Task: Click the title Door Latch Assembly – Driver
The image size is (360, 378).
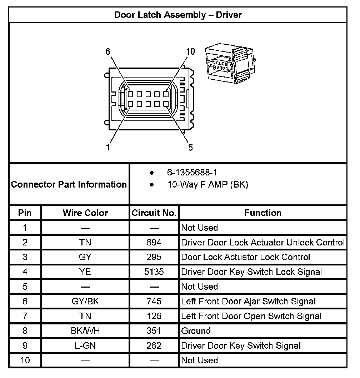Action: pyautogui.click(x=178, y=15)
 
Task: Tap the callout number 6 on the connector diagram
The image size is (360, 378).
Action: pyautogui.click(x=107, y=51)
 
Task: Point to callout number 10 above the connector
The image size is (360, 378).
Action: pyautogui.click(x=191, y=51)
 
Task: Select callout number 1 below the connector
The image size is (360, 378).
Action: pyautogui.click(x=108, y=147)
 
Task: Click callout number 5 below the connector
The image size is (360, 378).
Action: pyautogui.click(x=191, y=147)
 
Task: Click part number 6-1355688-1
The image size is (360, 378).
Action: pyautogui.click(x=192, y=173)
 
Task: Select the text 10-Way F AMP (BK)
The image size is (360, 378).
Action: pyautogui.click(x=207, y=185)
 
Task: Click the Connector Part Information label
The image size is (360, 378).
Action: pyautogui.click(x=69, y=184)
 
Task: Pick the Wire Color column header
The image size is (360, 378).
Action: pyautogui.click(x=85, y=213)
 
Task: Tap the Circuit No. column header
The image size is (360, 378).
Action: pyautogui.click(x=154, y=213)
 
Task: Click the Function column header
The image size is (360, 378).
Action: pyautogui.click(x=263, y=213)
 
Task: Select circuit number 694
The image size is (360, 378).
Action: pyautogui.click(x=154, y=243)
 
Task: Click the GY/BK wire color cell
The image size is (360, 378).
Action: pyautogui.click(x=85, y=301)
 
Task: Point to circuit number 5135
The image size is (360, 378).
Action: pyautogui.click(x=154, y=272)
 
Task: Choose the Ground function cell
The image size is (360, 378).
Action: pyautogui.click(x=196, y=331)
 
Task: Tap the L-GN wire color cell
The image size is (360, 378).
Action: pyautogui.click(x=85, y=345)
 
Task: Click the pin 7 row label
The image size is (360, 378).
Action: pyautogui.click(x=25, y=316)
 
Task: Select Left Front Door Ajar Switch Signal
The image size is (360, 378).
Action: pyautogui.click(x=249, y=301)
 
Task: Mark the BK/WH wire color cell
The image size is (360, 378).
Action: pyautogui.click(x=85, y=331)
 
